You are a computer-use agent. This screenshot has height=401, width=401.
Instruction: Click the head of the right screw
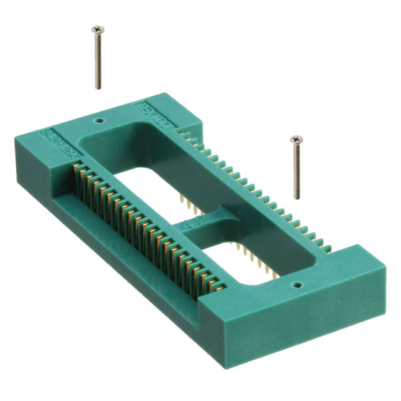tap(294, 139)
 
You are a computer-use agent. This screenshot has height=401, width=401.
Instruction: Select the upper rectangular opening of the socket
tap(157, 175)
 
